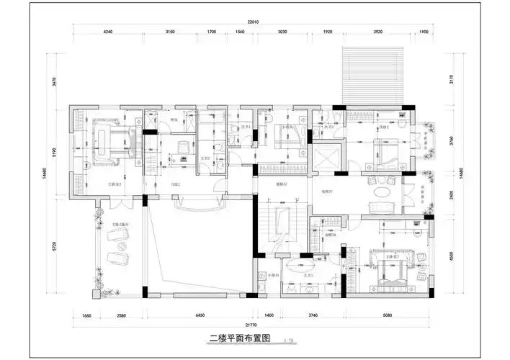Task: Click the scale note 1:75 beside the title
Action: [289, 340]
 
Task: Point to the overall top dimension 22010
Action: [252, 22]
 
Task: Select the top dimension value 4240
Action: [109, 32]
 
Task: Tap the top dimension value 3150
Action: [171, 32]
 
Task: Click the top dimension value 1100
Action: [423, 32]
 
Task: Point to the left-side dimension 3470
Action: [55, 80]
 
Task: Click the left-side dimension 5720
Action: [55, 247]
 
